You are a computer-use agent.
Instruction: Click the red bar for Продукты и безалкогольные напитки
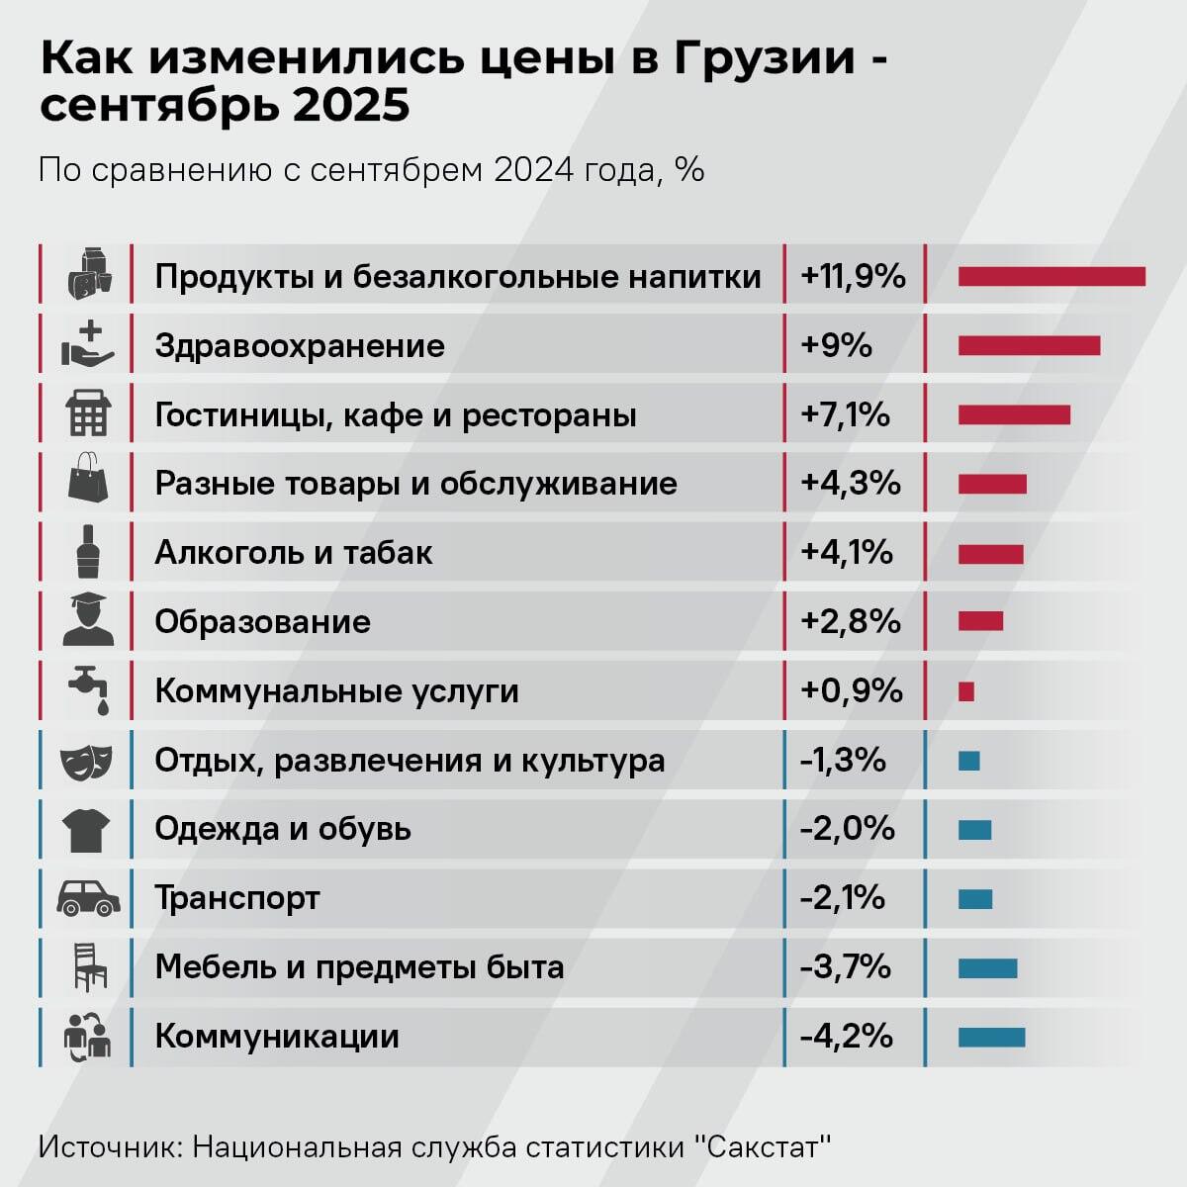click(x=1050, y=276)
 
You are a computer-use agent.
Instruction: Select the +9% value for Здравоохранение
click(x=837, y=345)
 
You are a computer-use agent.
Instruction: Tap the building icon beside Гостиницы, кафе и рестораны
click(x=87, y=413)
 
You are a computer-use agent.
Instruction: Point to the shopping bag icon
click(x=87, y=482)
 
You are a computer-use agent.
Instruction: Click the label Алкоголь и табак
click(x=294, y=552)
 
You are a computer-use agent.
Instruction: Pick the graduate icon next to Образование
click(x=87, y=620)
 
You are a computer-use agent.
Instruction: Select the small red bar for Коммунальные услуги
click(x=966, y=690)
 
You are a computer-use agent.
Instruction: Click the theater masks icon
click(x=87, y=760)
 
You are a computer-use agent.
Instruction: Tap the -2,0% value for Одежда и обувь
click(x=848, y=829)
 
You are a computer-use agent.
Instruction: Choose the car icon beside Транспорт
click(x=88, y=897)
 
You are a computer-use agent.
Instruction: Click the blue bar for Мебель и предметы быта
click(x=987, y=967)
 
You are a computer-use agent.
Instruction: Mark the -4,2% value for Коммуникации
click(x=847, y=1037)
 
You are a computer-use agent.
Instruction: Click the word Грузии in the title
click(x=764, y=58)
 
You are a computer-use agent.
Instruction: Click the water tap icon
click(x=88, y=689)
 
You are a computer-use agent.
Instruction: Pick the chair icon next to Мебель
click(x=89, y=966)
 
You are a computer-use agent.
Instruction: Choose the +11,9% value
click(x=853, y=276)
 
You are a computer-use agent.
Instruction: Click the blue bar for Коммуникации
click(x=991, y=1037)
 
